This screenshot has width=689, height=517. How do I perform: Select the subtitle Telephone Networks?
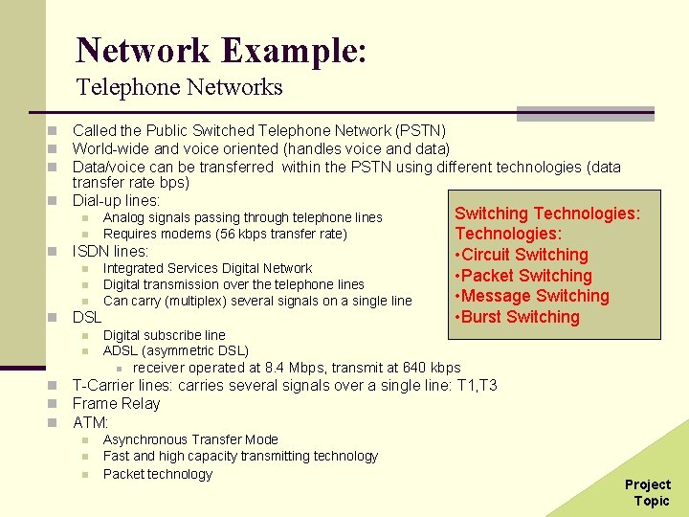(180, 87)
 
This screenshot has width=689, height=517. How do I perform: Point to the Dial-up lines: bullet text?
(116, 201)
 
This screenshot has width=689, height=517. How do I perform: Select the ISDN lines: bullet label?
(111, 252)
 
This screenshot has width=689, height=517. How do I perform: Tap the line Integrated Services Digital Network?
(208, 268)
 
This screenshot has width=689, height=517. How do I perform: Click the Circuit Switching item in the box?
(522, 255)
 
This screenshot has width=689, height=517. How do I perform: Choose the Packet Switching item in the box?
(523, 276)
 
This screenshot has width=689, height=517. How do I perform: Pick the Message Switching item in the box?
(532, 296)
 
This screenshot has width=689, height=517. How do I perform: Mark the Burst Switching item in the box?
(518, 317)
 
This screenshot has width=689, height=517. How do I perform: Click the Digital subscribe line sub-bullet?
(165, 335)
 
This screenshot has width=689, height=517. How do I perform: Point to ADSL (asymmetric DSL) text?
(175, 351)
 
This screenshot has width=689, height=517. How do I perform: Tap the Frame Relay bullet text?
(117, 403)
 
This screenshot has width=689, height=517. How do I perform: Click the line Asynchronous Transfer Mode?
(190, 439)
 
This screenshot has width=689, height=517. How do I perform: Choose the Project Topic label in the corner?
(648, 492)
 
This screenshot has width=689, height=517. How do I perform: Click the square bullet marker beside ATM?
(56, 422)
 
